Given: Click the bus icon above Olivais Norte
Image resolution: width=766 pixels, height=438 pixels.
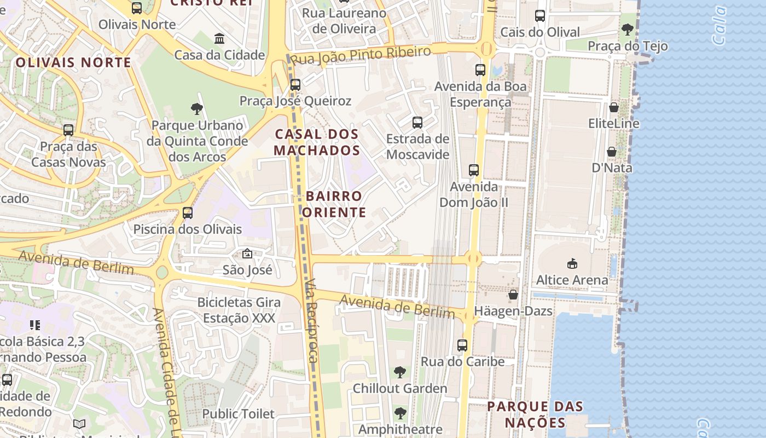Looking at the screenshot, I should [x=137, y=8].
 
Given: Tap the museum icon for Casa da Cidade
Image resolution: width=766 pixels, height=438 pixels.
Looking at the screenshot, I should [x=219, y=39].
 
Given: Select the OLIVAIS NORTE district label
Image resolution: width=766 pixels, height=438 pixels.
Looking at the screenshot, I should [x=73, y=62].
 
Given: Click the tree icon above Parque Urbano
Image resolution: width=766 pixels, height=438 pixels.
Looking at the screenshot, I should [x=197, y=109].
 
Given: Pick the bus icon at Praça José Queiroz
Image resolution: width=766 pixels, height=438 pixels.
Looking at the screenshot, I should [x=295, y=85].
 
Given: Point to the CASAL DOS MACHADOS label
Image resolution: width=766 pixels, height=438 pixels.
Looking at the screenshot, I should [x=317, y=142].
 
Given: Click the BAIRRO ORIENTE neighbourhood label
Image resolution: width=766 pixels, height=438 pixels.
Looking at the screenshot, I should [x=334, y=204].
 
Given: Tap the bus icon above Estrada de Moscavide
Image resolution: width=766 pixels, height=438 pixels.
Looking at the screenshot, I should [x=417, y=123].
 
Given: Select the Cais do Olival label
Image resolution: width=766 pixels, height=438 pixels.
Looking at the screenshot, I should [x=540, y=32].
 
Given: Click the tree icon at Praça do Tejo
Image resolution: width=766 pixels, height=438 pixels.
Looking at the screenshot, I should [x=628, y=30].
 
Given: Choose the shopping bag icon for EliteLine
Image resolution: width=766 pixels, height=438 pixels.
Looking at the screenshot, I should [x=614, y=107].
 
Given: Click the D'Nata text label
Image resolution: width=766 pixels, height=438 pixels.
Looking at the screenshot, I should [x=612, y=168].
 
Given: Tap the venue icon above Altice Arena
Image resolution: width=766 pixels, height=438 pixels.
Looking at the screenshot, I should [x=572, y=264].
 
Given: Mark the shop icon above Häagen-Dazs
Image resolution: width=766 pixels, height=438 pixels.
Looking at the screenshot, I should [x=513, y=295].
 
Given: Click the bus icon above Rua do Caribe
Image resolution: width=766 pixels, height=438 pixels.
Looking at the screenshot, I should [x=462, y=345].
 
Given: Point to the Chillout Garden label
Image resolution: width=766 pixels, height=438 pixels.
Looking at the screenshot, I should [x=400, y=389].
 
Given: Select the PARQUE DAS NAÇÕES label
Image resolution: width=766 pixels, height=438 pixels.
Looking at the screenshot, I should [x=535, y=414].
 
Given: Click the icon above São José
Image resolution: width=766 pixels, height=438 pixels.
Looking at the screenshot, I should [x=247, y=253].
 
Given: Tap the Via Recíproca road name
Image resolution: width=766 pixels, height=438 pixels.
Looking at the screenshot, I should [x=311, y=320].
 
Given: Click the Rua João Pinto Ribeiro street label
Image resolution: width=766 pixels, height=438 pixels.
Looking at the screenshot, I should [x=361, y=55].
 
